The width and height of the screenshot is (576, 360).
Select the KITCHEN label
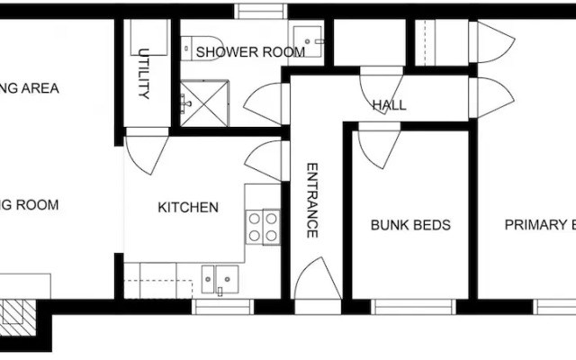click(188, 208)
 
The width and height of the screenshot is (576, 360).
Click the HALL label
click(389, 105)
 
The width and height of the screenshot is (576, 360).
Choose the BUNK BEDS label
click(410, 225)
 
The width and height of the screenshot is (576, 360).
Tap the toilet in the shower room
click(198, 44)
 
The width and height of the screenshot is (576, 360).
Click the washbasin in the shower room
click(310, 40)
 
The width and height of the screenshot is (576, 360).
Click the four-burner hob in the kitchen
click(263, 226)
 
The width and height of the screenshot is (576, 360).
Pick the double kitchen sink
click(220, 280)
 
